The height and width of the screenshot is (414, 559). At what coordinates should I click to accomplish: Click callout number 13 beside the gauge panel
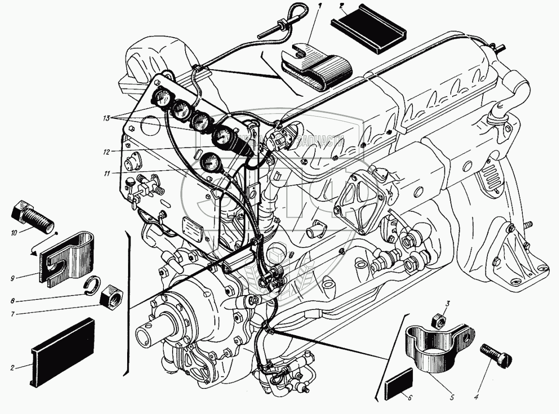pos(109,118)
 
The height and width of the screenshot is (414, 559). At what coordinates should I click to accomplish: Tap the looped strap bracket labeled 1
pos(314,68)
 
